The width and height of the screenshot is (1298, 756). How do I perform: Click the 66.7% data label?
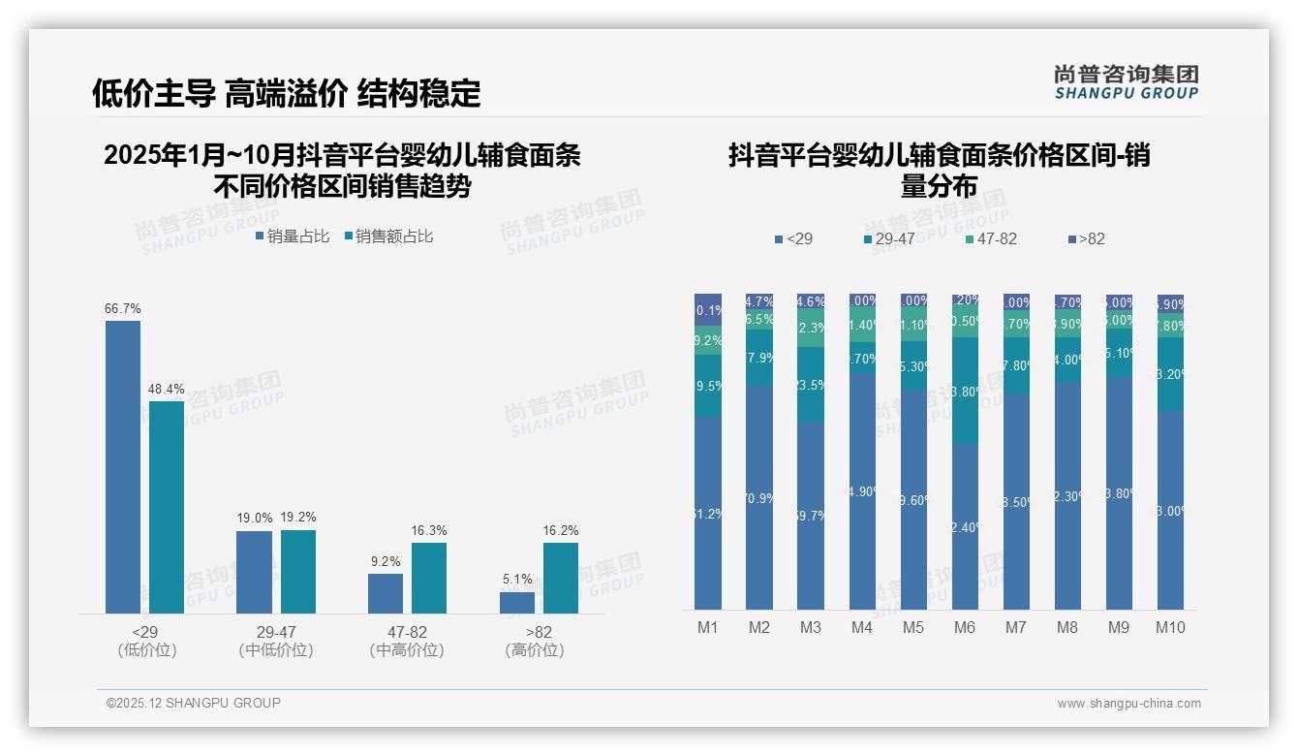tap(123, 309)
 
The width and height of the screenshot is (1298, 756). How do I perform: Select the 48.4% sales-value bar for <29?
tap(167, 507)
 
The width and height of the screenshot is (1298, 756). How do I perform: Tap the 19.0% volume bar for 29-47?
tap(254, 572)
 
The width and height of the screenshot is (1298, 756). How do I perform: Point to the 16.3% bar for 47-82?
tap(429, 578)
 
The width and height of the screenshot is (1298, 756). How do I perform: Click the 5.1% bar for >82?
tap(517, 603)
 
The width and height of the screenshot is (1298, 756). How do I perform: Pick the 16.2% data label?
tap(561, 531)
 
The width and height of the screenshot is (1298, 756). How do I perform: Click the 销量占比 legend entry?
tap(292, 236)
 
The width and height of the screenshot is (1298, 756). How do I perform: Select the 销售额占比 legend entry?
tap(388, 236)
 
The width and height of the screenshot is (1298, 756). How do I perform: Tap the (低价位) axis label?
tap(146, 650)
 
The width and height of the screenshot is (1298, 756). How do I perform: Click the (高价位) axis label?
tap(534, 650)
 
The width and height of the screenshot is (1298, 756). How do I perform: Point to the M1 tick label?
tap(708, 627)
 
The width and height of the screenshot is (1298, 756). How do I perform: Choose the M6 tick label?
tap(965, 627)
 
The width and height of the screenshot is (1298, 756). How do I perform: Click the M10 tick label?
tap(1170, 627)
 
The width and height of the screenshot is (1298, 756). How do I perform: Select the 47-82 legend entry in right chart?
tap(991, 238)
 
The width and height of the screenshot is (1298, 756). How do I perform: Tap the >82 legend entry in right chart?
tap(1086, 238)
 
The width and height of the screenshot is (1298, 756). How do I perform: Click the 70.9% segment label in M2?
tap(759, 499)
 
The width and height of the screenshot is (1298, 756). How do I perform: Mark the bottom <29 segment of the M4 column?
tap(862, 491)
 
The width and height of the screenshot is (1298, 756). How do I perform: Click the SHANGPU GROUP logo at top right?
tap(1127, 82)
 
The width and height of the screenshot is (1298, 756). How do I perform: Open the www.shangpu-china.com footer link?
tap(1128, 704)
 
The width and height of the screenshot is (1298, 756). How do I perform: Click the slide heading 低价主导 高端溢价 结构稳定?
tap(287, 93)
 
